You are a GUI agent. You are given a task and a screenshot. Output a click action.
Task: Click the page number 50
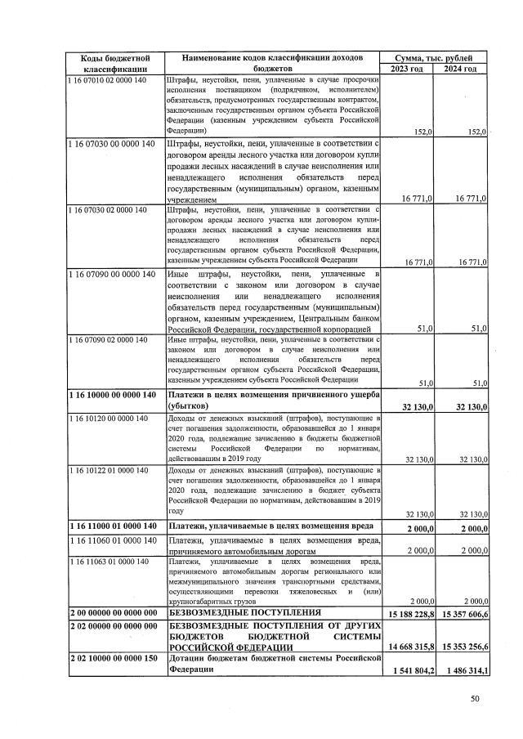pyautogui.click(x=476, y=698)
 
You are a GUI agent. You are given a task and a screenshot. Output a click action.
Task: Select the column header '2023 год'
pyautogui.click(x=407, y=69)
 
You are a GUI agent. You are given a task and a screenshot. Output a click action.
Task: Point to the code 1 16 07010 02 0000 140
pyautogui.click(x=108, y=80)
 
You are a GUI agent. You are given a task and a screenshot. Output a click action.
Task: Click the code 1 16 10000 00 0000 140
pyautogui.click(x=111, y=396)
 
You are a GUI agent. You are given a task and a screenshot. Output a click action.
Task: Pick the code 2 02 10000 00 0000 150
pyautogui.click(x=113, y=657)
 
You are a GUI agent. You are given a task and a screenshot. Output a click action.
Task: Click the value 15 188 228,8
pyautogui.click(x=409, y=613)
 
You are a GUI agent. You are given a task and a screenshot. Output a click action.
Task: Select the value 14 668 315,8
pyautogui.click(x=409, y=647)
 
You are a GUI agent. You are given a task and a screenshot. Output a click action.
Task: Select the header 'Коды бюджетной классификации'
pyautogui.click(x=114, y=63)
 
